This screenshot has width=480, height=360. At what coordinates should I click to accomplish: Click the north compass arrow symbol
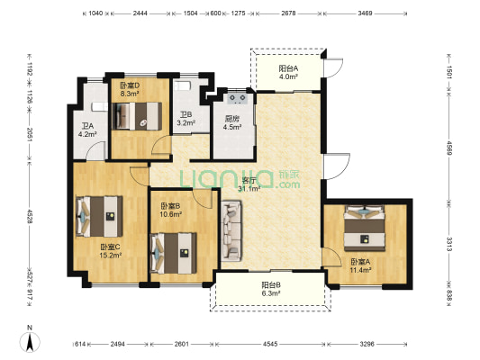[x=30, y=342]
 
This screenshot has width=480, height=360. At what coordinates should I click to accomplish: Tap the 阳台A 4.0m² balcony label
[x=288, y=73]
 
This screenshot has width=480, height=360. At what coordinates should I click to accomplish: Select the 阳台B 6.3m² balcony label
[x=271, y=289]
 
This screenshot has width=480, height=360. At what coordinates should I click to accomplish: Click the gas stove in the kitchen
[x=238, y=98]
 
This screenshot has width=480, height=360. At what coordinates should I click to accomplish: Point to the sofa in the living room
[x=231, y=230]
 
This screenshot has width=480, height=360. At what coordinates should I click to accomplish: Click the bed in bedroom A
[x=365, y=229]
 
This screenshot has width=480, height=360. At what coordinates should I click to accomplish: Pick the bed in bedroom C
[x=99, y=217]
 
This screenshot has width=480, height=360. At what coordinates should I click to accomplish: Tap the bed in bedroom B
[x=174, y=253]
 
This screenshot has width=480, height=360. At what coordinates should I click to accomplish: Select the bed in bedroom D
[x=137, y=116]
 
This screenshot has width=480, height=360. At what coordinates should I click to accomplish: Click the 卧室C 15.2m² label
[x=111, y=251]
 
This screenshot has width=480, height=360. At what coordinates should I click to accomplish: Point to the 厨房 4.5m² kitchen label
[x=232, y=122]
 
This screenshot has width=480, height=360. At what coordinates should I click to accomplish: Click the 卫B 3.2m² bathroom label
[x=186, y=119]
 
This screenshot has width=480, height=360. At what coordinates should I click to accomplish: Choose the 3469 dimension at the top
[x=365, y=13]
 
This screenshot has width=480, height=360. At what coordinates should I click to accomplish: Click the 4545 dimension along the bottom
[x=270, y=344]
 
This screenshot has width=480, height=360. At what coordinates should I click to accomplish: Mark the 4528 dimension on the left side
[x=30, y=216]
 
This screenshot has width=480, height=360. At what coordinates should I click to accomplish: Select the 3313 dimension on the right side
[x=448, y=244]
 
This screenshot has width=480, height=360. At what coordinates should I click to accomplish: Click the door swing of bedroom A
[x=331, y=256]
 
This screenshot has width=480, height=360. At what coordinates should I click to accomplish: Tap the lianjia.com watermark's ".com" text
[x=288, y=184]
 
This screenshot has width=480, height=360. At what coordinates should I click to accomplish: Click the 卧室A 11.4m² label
[x=360, y=265]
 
